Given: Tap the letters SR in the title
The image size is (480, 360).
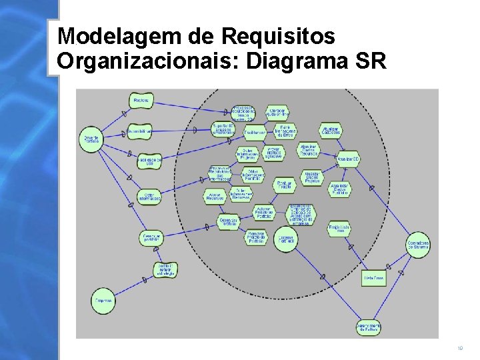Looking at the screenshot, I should pos(371,61).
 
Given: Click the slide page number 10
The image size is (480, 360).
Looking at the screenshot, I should pos(460,348).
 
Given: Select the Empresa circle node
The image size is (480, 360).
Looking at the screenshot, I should pos(103,301).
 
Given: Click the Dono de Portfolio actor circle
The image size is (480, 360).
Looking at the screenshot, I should pos(91,138).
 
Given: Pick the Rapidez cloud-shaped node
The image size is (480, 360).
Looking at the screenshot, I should pos(141,101).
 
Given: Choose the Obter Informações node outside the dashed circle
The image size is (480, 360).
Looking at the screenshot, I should pos(149,197).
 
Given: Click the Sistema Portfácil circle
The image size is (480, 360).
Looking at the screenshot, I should pos(285,239).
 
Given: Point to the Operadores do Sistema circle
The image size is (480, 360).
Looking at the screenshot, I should pos(418,245).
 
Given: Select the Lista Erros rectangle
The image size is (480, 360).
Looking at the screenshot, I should pos(373,277).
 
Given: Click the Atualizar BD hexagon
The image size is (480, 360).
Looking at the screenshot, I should pos(347,160).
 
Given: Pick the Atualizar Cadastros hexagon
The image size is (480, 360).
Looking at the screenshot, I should pos(331,131).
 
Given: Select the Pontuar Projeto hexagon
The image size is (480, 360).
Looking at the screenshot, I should pos(284,185).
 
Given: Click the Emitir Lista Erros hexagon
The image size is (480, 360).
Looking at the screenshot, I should pos(339,229).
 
